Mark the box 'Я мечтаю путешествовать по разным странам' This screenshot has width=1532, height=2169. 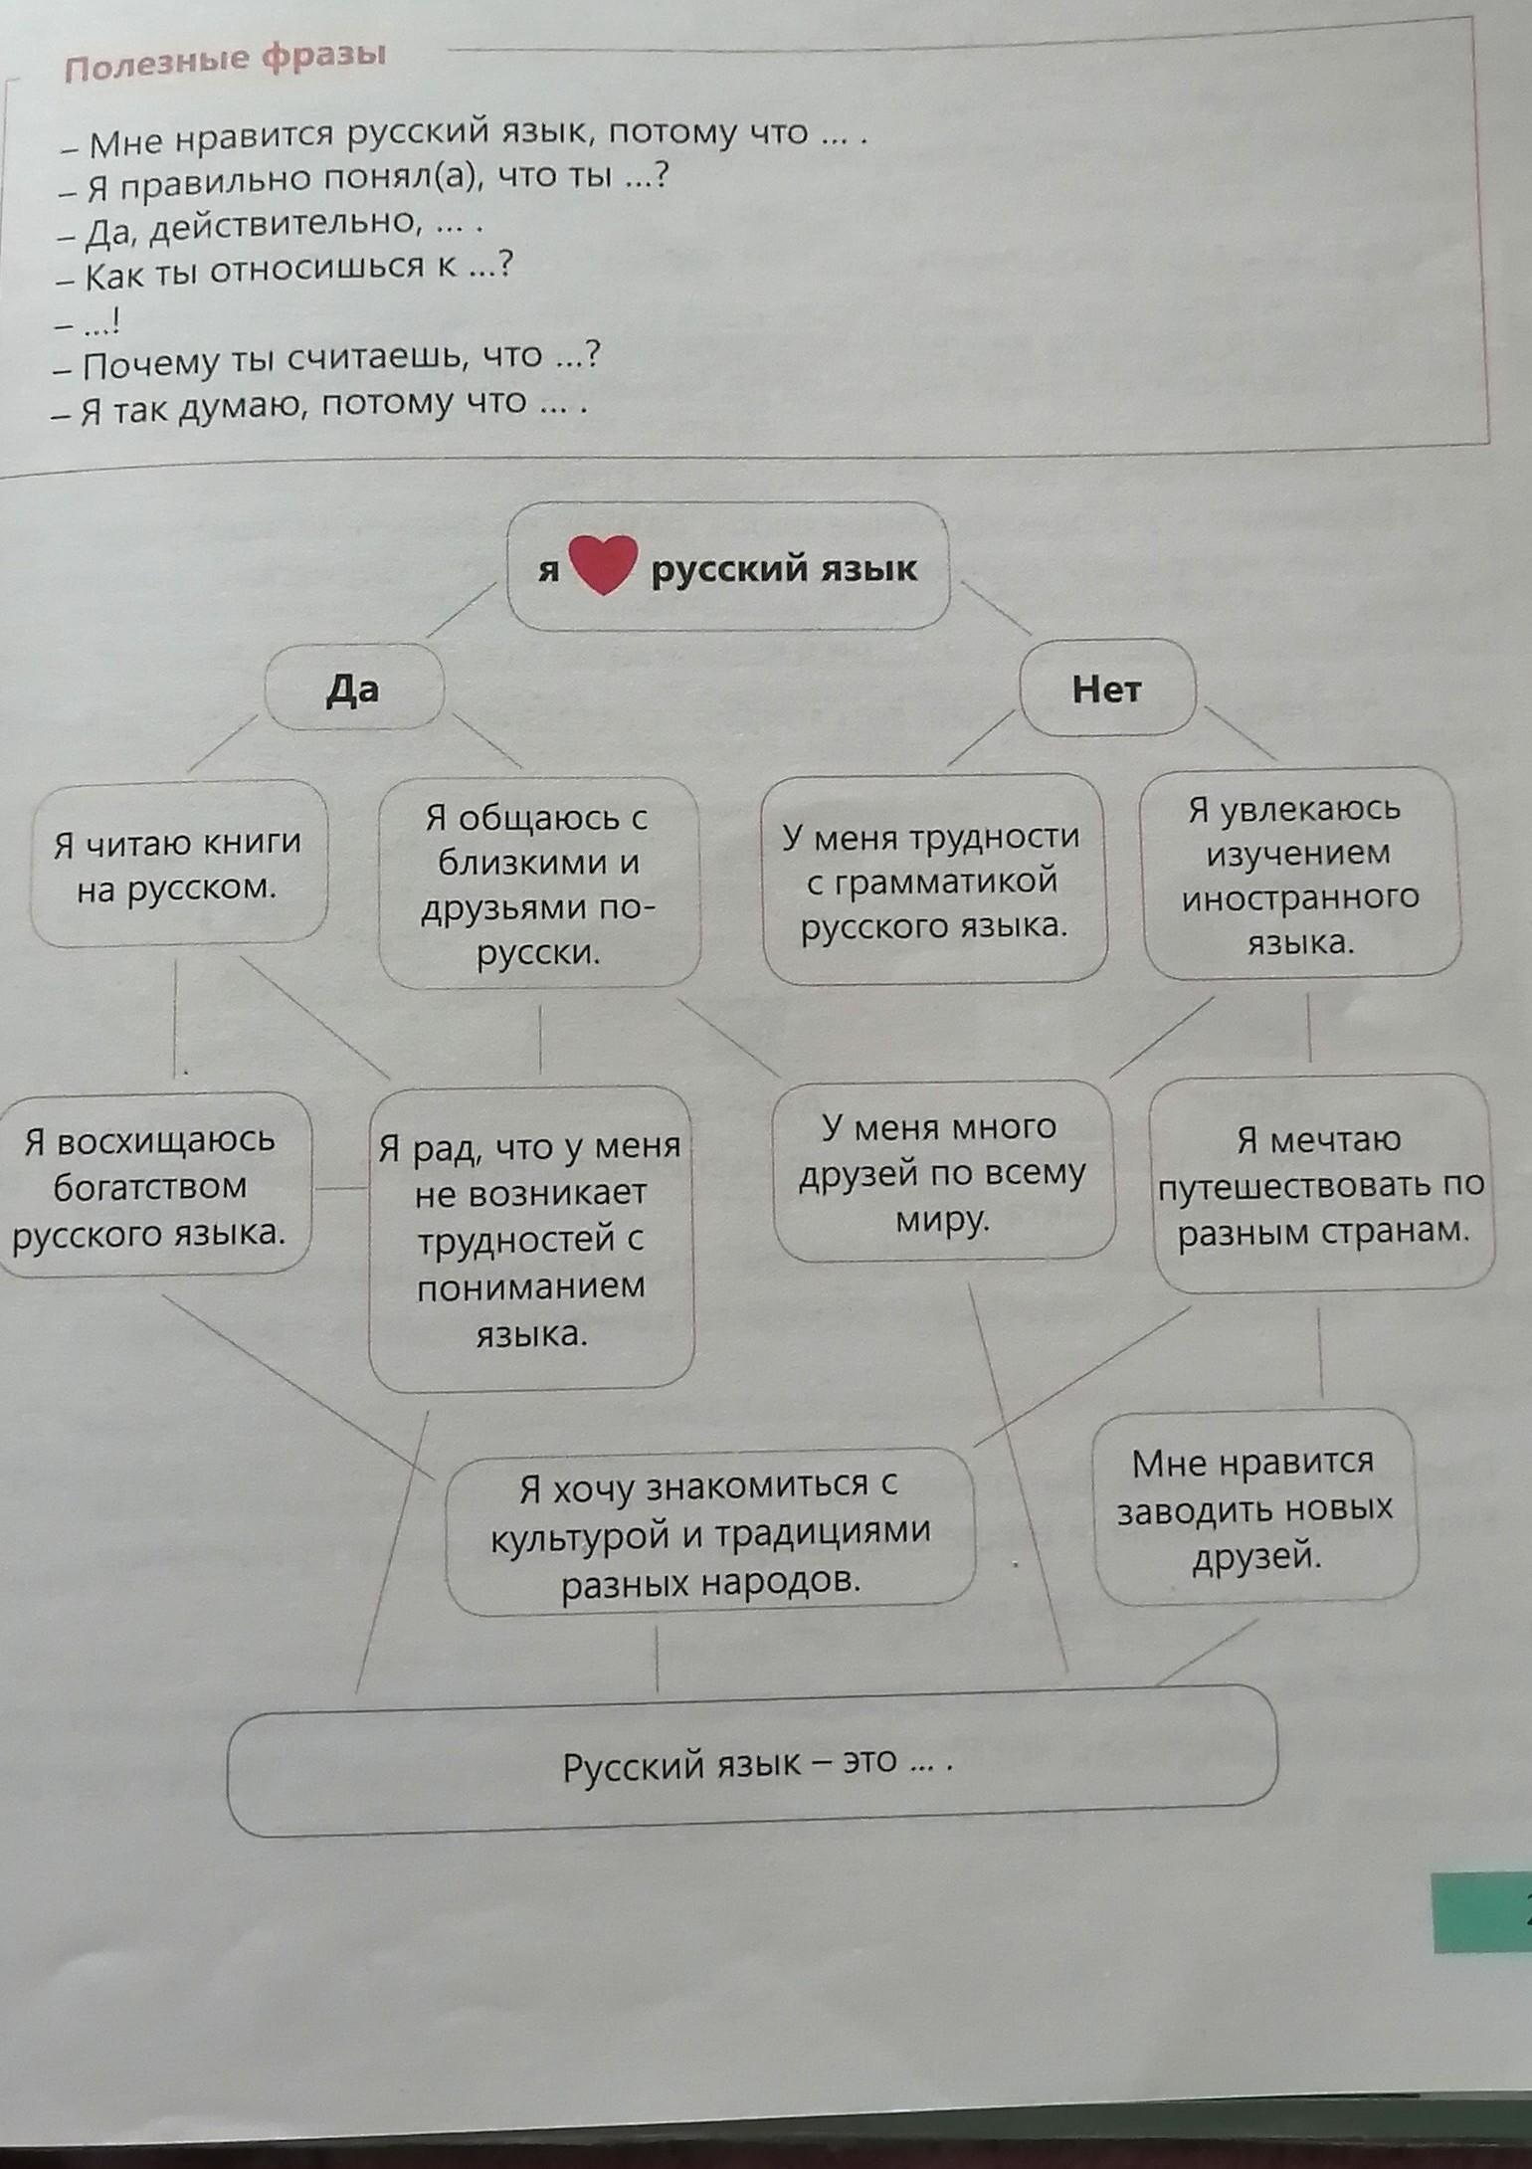click(x=1321, y=1184)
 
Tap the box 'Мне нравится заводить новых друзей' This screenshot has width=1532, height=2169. click(x=1253, y=1507)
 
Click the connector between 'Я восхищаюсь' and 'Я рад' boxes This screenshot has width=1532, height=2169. click(x=340, y=1188)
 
